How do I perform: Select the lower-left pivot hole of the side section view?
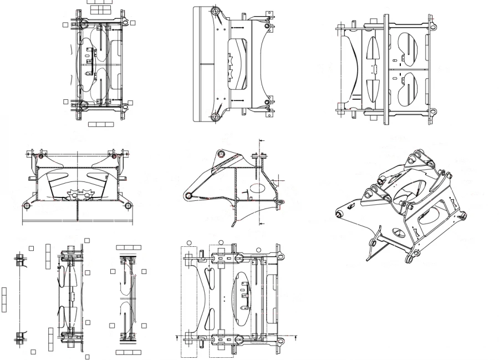[189, 195]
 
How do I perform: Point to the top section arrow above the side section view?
[260, 141]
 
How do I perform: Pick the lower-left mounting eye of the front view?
[26, 205]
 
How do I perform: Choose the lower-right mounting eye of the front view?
[128, 205]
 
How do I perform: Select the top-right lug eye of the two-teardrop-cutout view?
[432, 27]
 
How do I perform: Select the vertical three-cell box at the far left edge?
[4, 299]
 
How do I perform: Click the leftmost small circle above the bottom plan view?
[189, 242]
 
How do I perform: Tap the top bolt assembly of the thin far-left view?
[20, 258]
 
